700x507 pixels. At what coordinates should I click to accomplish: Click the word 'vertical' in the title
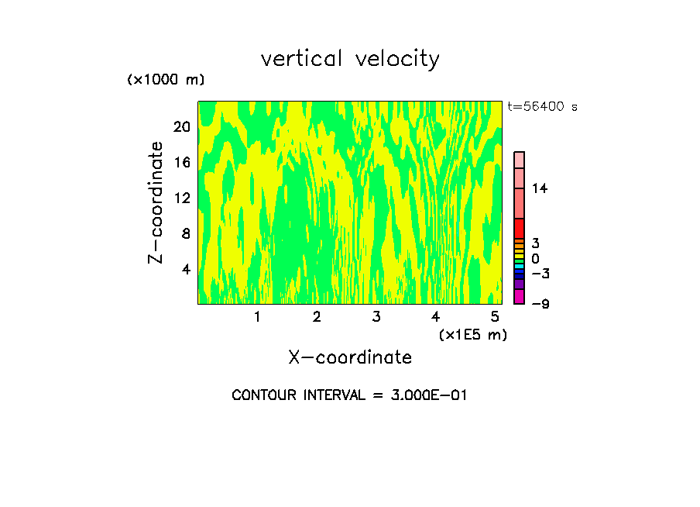(x=293, y=59)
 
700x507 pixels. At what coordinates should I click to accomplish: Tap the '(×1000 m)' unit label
(x=166, y=80)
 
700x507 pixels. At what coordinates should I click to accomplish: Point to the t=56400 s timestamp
(x=542, y=107)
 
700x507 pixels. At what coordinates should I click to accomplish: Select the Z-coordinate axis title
(x=156, y=202)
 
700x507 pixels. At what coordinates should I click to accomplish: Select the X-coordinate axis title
(x=350, y=357)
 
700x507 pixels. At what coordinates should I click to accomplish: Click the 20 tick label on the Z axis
(x=181, y=127)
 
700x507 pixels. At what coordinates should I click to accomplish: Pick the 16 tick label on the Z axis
(x=181, y=163)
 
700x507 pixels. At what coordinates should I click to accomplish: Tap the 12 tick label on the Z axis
(x=181, y=198)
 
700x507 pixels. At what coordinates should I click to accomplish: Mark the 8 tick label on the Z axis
(x=185, y=233)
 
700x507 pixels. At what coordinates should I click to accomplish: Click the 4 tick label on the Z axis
(x=185, y=269)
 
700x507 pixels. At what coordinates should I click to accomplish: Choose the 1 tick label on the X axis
(x=257, y=317)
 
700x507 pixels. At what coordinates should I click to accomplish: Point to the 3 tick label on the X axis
(x=376, y=317)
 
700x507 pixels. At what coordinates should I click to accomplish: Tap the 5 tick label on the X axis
(x=495, y=317)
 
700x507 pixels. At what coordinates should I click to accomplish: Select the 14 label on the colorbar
(x=540, y=188)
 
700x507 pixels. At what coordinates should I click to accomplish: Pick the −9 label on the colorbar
(x=540, y=304)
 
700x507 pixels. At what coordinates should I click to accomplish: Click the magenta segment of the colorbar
(x=520, y=296)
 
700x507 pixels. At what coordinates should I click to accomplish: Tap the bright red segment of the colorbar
(x=520, y=229)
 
